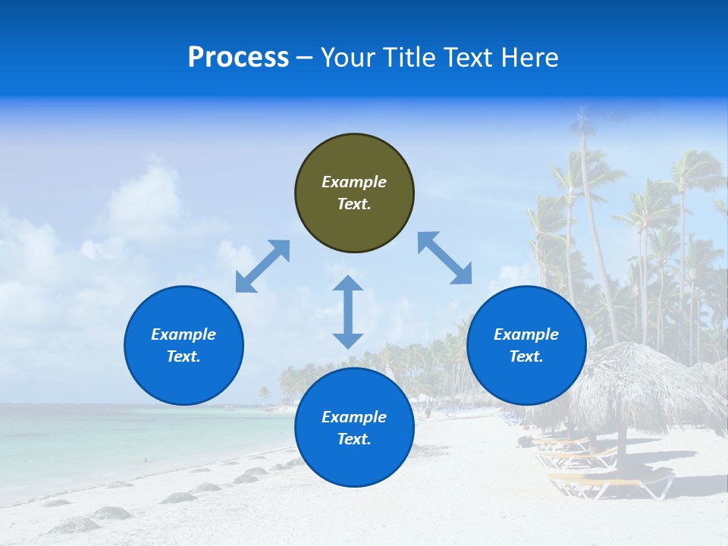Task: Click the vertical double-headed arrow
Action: click(348, 312)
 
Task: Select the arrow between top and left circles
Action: click(262, 266)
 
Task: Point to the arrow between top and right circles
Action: click(444, 258)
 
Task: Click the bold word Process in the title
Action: click(238, 58)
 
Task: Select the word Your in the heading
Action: click(350, 58)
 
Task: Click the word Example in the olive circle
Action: click(354, 182)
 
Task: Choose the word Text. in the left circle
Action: click(184, 356)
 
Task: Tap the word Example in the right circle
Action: click(526, 334)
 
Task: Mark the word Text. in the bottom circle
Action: click(354, 439)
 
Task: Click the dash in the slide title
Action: click(305, 58)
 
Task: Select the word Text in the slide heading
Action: click(468, 58)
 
